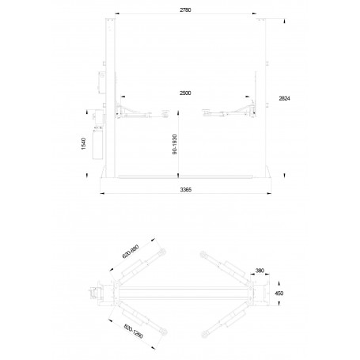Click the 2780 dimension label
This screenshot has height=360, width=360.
[x=185, y=10]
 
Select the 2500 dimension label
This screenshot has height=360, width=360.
[x=185, y=93]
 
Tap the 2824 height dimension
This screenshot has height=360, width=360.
[x=284, y=98]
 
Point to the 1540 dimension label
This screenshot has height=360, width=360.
[x=84, y=144]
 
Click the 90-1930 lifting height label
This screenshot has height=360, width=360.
[x=175, y=144]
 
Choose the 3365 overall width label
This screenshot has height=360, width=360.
[x=186, y=190]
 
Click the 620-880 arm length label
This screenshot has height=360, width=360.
[x=131, y=252]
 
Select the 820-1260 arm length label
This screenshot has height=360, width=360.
[x=134, y=332]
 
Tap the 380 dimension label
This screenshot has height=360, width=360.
[x=260, y=271]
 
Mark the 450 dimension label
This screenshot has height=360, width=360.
[x=279, y=294]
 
